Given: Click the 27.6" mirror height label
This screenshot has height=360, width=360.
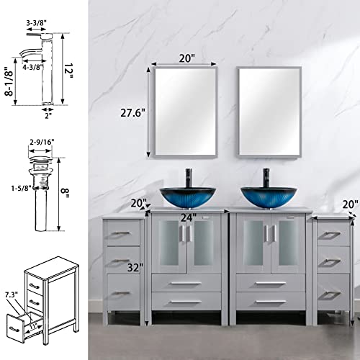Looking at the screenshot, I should pyautogui.click(x=132, y=114).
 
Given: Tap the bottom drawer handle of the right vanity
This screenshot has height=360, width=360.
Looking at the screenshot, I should pyautogui.click(x=270, y=301).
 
